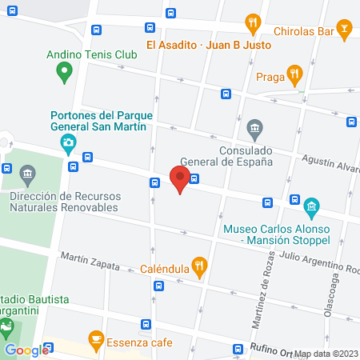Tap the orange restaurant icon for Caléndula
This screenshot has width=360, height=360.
(x=200, y=264)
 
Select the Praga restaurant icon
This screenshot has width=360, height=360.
(x=294, y=77)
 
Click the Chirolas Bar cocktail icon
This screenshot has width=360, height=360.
(x=345, y=31)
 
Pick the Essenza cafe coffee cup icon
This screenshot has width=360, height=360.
(x=96, y=339)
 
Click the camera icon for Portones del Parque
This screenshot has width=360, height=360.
(x=69, y=144)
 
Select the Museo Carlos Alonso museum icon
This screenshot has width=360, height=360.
(x=312, y=210)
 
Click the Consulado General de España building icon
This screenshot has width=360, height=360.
(x=254, y=128)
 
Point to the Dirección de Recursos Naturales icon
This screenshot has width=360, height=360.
(x=27, y=174)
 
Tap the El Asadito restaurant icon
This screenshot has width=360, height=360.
(x=253, y=23)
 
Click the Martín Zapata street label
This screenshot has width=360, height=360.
(x=90, y=261)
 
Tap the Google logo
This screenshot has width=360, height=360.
(x=26, y=350)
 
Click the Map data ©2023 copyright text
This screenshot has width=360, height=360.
(x=326, y=354)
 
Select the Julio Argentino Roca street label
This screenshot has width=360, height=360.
(x=316, y=261)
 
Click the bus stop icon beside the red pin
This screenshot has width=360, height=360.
(x=194, y=179)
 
